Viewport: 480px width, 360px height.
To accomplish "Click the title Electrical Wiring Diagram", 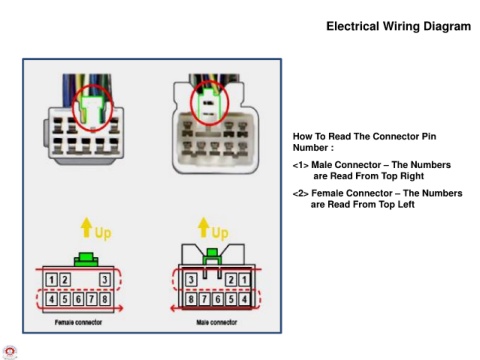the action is click(x=398, y=26).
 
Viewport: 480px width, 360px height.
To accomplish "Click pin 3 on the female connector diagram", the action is click(x=105, y=279).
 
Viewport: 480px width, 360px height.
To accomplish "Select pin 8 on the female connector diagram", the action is click(x=105, y=299).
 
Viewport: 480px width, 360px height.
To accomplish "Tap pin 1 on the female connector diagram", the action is click(x=51, y=279).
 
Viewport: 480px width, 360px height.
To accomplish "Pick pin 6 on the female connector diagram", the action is click(x=78, y=299).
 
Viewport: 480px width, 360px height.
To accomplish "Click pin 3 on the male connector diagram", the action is click(x=191, y=279).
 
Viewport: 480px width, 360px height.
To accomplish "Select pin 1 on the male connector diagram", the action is click(x=244, y=279).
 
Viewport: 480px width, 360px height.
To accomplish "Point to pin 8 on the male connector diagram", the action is click(x=191, y=299).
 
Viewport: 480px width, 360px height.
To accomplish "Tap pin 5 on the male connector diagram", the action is click(x=231, y=299).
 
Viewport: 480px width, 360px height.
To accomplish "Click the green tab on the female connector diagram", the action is click(x=86, y=259).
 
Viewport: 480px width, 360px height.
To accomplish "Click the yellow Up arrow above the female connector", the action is click(x=87, y=227).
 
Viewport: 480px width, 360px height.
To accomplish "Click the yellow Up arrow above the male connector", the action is click(x=203, y=227).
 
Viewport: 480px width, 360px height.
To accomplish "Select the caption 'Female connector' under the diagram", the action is click(x=78, y=322).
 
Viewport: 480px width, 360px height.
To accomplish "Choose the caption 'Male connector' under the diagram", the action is click(x=217, y=322).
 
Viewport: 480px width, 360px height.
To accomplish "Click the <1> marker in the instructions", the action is click(x=300, y=165).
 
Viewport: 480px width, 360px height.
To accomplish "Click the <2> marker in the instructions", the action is click(x=300, y=193).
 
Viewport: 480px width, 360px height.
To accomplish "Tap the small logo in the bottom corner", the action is click(x=10, y=353).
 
